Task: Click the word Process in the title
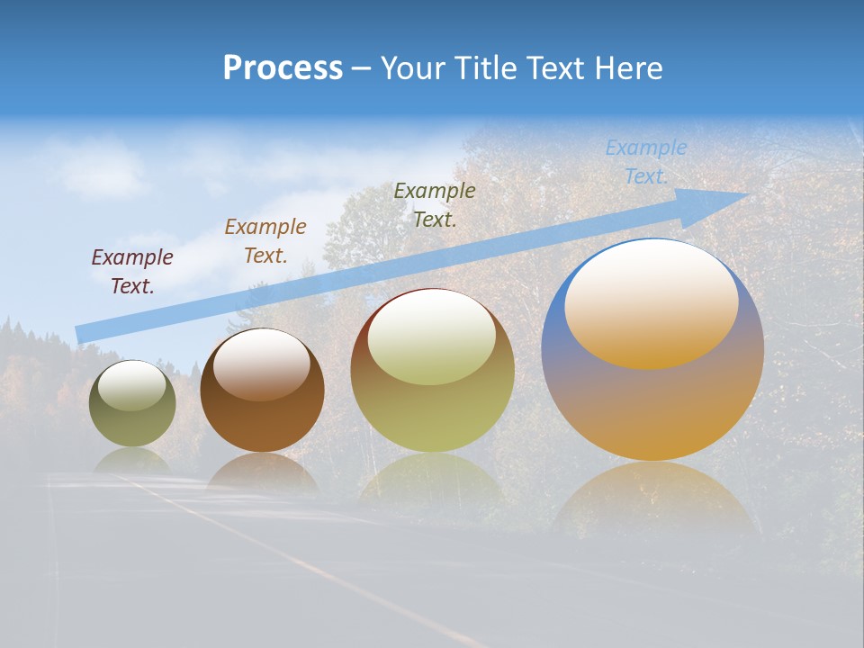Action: point(283,68)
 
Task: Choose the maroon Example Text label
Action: point(132,272)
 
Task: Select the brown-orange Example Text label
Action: point(265,241)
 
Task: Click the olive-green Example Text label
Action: point(435,204)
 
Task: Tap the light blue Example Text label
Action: point(646,162)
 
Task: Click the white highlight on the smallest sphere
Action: point(131,385)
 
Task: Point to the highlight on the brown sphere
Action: point(261,364)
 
